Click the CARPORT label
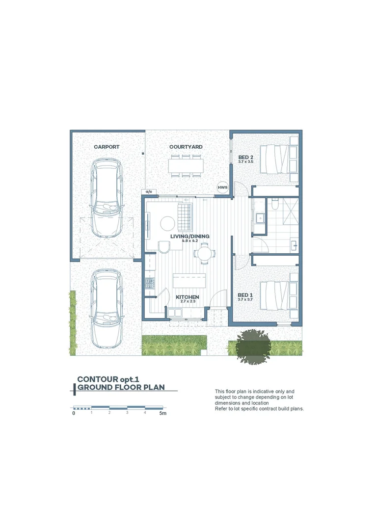[107, 147]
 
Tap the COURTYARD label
[186, 147]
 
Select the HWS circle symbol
[223, 187]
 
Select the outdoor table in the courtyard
[186, 166]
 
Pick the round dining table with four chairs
[204, 254]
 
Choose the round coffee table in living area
[168, 223]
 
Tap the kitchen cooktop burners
[149, 283]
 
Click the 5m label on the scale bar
[162, 414]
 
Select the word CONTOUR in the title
[97, 379]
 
